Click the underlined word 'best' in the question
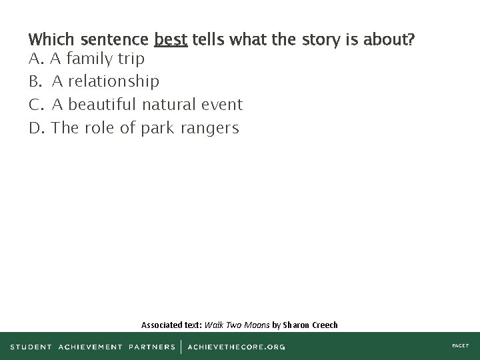(x=171, y=39)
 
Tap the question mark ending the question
(x=412, y=39)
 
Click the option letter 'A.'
(x=37, y=59)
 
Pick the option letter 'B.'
(x=36, y=82)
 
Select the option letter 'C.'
(x=37, y=105)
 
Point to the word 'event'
(x=221, y=105)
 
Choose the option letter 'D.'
(x=37, y=127)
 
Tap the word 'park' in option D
(x=157, y=128)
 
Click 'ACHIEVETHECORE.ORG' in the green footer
(x=237, y=347)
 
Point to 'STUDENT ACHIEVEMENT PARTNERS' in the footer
(x=93, y=347)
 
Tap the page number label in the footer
(x=461, y=347)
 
